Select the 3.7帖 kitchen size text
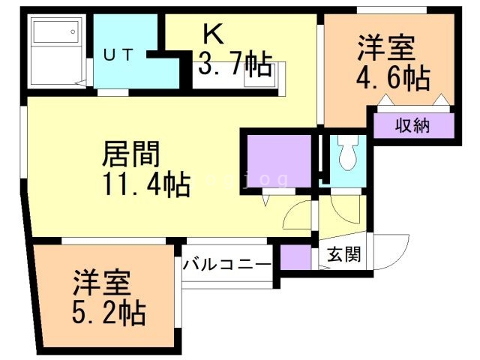(x=234, y=66)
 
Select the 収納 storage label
(x=413, y=125)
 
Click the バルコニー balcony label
(x=227, y=264)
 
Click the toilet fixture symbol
(x=347, y=154)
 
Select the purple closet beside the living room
(x=277, y=160)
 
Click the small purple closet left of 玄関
(x=295, y=256)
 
